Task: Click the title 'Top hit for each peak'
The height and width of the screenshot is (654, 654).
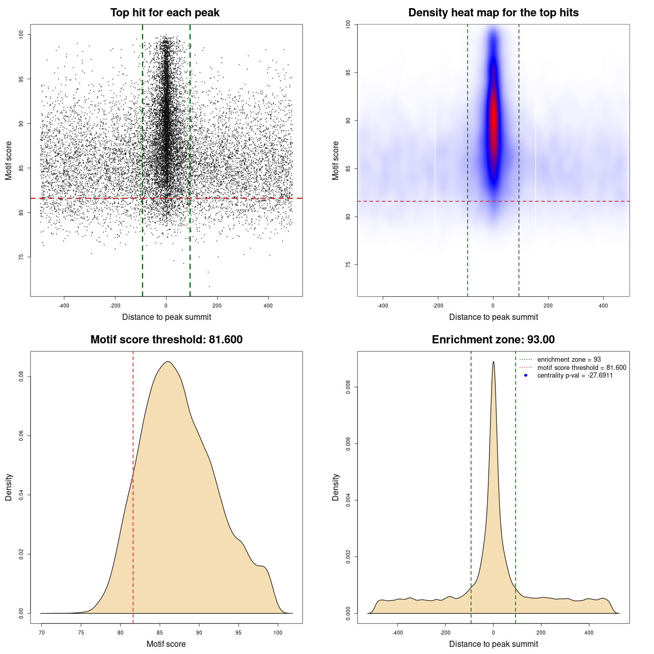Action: click(165, 13)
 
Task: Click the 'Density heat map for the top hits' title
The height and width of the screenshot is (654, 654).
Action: click(493, 13)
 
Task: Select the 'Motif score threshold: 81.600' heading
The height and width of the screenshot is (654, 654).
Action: click(166, 340)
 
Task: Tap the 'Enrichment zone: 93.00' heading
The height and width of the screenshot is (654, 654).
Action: click(493, 340)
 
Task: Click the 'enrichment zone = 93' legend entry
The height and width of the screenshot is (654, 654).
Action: click(569, 360)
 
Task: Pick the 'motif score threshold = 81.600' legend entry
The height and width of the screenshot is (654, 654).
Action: click(581, 368)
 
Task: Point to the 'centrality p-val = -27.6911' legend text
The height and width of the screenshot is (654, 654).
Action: click(575, 376)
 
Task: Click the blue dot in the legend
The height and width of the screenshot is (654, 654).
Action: click(526, 376)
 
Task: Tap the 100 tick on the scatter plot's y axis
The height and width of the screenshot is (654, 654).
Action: click(21, 34)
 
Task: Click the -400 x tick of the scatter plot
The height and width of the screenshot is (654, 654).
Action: click(64, 306)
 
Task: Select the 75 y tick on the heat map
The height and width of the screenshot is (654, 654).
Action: click(348, 265)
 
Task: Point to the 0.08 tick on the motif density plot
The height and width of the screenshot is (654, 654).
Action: click(21, 377)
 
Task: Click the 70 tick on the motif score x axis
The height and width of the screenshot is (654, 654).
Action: click(42, 633)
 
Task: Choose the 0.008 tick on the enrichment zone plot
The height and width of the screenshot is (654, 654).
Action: click(348, 388)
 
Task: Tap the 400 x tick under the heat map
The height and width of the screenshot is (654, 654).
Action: click(603, 306)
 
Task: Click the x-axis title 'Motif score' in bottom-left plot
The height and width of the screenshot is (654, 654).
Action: click(166, 644)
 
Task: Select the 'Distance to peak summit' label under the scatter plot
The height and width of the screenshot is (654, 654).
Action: click(167, 317)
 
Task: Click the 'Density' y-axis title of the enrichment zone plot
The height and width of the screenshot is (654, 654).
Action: click(336, 487)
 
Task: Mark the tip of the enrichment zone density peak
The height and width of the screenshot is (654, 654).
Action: click(493, 362)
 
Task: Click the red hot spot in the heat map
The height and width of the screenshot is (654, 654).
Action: click(493, 123)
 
